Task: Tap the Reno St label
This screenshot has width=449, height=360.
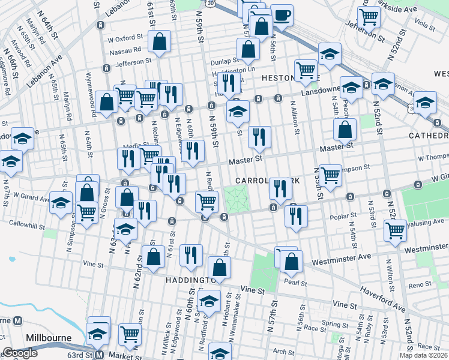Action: (x=416, y=286)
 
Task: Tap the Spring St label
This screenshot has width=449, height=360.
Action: (x=331, y=323)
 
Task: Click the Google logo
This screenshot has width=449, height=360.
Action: (x=20, y=353)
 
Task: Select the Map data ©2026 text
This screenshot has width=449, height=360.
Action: (x=423, y=355)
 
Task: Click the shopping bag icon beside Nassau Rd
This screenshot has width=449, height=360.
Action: (x=159, y=43)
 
